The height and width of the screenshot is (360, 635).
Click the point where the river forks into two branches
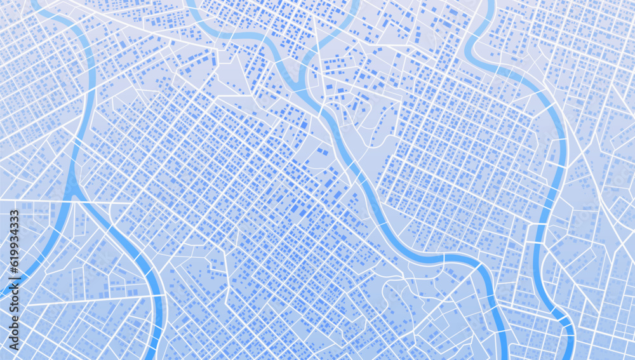(74, 190)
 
